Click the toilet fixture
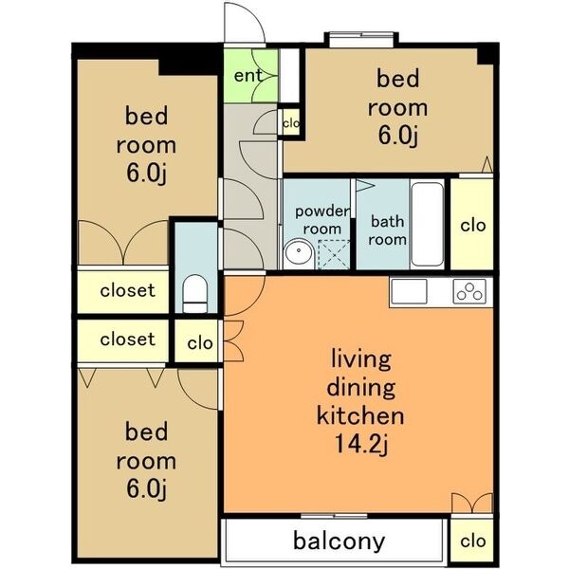(194, 294)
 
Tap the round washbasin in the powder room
(299, 253)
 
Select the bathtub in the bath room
(428, 224)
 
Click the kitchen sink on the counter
(409, 291)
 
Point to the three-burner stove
(469, 291)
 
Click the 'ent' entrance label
(248, 76)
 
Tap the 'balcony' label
(339, 541)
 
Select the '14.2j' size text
(361, 444)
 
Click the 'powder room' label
(322, 220)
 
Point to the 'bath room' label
(387, 230)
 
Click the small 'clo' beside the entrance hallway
(291, 123)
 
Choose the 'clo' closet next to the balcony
(473, 541)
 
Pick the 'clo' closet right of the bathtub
(473, 226)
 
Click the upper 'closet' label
(128, 290)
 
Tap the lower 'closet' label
(128, 340)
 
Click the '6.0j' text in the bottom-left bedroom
(147, 489)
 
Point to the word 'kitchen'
(360, 416)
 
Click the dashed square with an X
(334, 254)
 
